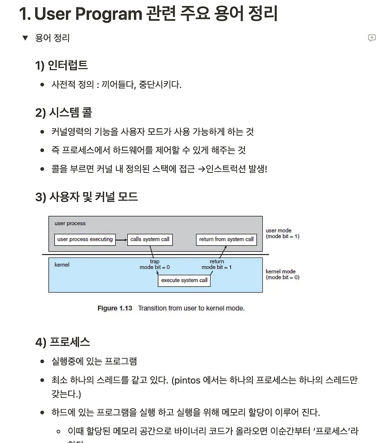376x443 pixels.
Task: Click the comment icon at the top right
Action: [371, 38]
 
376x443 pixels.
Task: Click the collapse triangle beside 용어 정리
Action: [25, 38]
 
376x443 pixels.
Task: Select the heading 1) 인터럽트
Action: [61, 65]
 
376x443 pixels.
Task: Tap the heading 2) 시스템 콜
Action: [63, 112]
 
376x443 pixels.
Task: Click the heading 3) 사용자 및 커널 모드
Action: [86, 196]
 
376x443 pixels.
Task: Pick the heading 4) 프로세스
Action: [63, 342]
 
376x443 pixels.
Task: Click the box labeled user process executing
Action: [85, 239]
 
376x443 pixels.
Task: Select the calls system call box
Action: [149, 239]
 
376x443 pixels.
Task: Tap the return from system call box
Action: [226, 239]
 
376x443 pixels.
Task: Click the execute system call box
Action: [184, 280]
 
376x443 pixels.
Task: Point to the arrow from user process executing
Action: [121, 240]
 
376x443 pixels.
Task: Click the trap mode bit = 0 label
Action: [154, 264]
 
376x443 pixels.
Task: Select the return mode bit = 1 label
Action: [217, 264]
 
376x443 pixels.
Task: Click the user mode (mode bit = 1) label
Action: [282, 233]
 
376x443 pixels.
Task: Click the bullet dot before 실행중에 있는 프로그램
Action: [42, 361]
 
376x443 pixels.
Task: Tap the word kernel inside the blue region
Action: [62, 265]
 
